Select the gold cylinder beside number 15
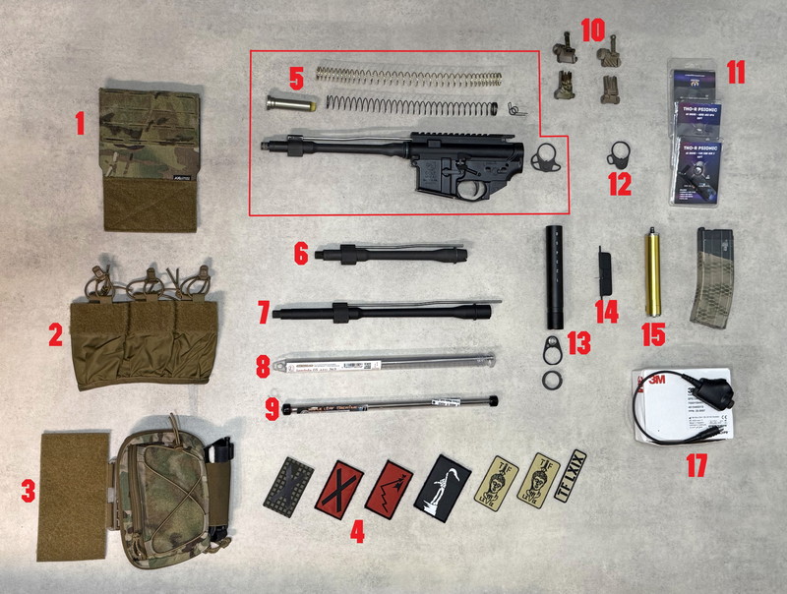pos(650,271)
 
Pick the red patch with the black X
pos(338,488)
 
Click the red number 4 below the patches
pos(357,532)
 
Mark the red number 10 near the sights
pos(592,29)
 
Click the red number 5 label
pos(296,77)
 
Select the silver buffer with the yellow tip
pos(287,102)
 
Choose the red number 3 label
pos(29,488)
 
